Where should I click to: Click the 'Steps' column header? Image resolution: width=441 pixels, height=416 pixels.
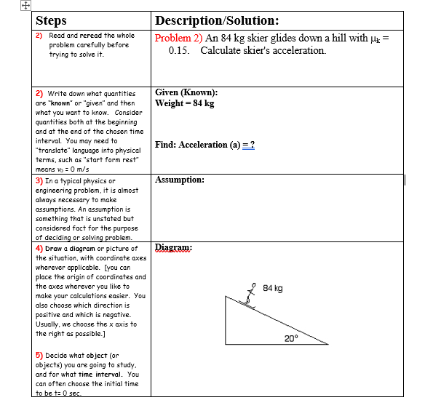coord(51,21)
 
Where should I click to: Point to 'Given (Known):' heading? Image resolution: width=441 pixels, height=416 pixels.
coord(186,92)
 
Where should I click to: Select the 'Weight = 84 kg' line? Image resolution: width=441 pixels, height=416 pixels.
coord(185,103)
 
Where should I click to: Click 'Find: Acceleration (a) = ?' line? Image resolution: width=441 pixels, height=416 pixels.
coord(204,145)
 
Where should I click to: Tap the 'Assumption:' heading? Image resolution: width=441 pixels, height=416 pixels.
coord(180,179)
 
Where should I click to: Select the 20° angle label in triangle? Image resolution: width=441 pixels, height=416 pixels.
coord(293,338)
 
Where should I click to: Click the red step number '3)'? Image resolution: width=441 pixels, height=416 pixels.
coord(39,180)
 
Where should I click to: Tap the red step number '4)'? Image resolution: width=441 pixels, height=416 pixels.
coord(39,249)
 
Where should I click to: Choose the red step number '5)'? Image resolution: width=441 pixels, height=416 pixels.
coord(39,356)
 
